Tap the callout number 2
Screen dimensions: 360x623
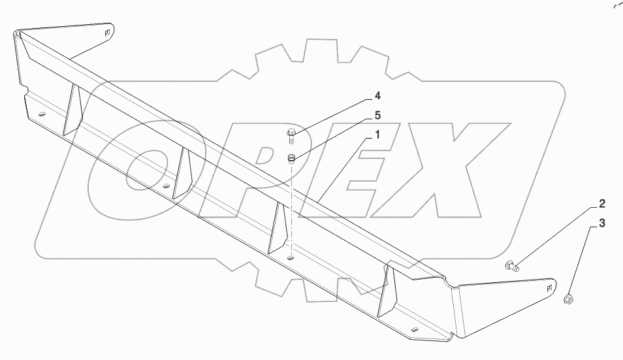(602, 203)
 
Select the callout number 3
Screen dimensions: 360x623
(602, 223)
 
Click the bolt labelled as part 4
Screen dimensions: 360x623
(291, 136)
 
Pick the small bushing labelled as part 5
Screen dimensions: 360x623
(292, 157)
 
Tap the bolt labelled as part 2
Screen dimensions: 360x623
(511, 265)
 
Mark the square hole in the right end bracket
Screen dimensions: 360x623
(549, 286)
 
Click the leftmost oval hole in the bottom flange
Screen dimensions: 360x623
(41, 115)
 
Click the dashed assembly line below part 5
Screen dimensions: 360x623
(291, 209)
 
